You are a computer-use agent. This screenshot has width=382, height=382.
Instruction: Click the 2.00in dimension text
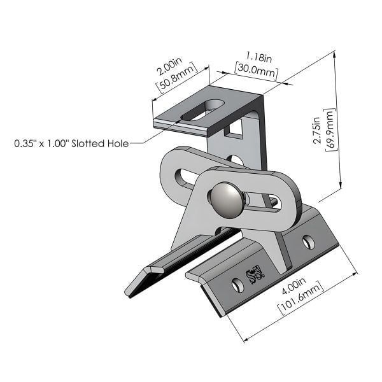point(169,66)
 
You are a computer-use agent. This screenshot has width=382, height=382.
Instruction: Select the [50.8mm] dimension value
point(176,78)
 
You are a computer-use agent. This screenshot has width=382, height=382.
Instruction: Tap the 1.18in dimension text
point(258,57)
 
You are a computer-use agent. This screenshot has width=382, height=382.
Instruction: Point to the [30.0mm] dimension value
point(257,71)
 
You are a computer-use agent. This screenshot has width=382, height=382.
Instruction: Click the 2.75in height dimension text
point(316,131)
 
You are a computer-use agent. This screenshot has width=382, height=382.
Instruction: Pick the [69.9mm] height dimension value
point(330,130)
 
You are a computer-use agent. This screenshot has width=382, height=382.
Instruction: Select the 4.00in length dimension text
point(294,286)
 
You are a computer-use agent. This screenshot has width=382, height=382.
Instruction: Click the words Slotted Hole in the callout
point(100,143)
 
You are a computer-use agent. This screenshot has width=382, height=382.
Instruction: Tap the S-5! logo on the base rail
point(255,276)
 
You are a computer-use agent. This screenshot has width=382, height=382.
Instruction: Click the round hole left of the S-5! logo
point(237,285)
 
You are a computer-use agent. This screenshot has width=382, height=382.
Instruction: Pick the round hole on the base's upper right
point(308,242)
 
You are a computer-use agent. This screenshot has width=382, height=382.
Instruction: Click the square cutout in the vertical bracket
point(233,129)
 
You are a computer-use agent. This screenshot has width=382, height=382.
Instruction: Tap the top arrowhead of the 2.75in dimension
point(335,54)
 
